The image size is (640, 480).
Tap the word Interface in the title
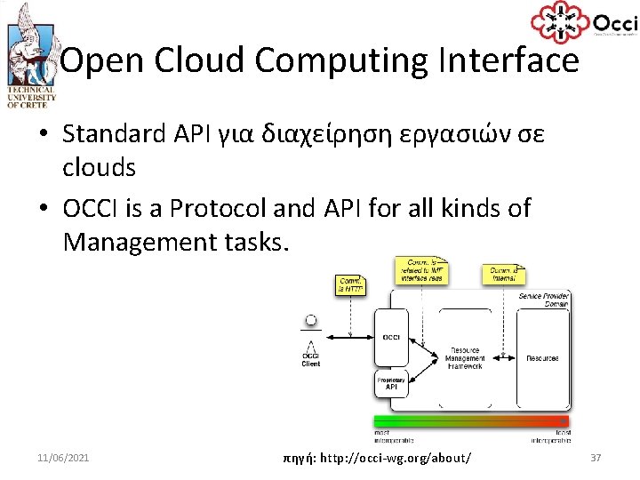(508, 61)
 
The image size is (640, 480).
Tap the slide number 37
(596, 457)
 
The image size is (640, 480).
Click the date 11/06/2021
(63, 457)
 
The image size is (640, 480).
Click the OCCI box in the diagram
(391, 337)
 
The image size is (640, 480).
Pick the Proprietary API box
(391, 384)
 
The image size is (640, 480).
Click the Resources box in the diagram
(542, 358)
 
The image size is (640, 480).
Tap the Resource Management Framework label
(466, 358)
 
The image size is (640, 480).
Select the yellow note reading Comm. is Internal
(504, 274)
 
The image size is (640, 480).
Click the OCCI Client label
(311, 359)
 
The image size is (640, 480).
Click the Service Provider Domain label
(543, 300)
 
